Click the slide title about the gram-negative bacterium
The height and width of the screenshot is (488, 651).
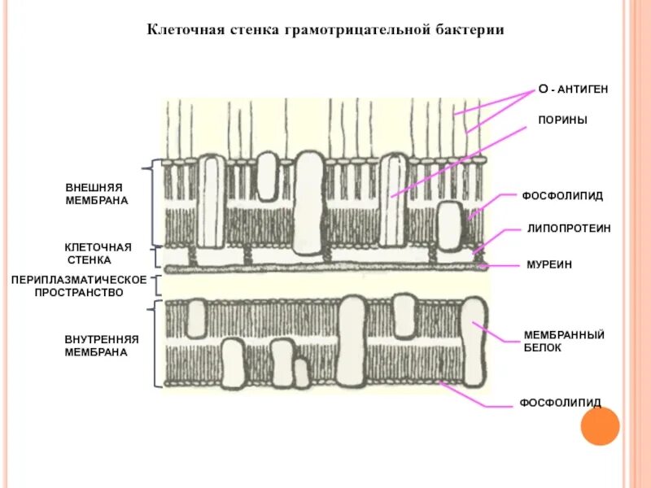coord(325,30)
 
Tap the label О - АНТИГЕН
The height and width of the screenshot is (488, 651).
coord(574,88)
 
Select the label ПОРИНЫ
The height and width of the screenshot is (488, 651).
coord(562,120)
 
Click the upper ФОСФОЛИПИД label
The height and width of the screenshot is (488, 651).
coord(562,196)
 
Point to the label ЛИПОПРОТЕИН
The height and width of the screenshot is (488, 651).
coord(569,229)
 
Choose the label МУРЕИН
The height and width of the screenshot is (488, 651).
coord(549,265)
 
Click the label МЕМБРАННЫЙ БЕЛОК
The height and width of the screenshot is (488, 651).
coord(563,341)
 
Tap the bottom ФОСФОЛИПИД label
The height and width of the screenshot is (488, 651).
coord(561,403)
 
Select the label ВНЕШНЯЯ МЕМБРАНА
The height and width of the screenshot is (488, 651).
coord(97,194)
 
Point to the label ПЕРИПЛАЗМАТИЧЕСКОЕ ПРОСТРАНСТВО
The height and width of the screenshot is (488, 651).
coord(79,285)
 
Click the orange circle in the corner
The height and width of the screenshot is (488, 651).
coord(601,425)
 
